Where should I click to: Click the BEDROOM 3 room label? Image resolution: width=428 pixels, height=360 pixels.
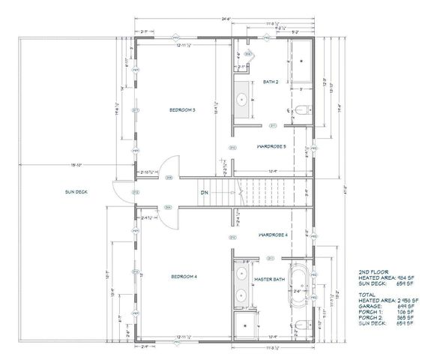pyautogui.click(x=182, y=110)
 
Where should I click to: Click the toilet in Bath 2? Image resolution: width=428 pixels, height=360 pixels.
pyautogui.click(x=300, y=111)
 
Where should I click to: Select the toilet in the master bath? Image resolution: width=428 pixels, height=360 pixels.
pyautogui.click(x=300, y=324)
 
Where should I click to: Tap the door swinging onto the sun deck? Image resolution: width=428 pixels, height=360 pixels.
pyautogui.click(x=118, y=192)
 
